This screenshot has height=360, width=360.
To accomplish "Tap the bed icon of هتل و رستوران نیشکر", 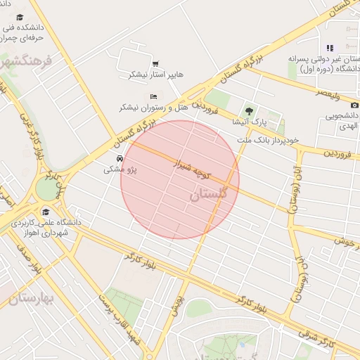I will click(154, 96).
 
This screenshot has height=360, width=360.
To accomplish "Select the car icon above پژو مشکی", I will click(120, 158).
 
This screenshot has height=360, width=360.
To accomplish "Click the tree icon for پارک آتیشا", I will click(247, 110).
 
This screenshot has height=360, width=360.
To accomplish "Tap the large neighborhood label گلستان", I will click(209, 193).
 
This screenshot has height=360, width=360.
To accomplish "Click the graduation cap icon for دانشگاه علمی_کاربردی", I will click(46, 212).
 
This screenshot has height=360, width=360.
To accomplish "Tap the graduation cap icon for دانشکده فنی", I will click(20, 17).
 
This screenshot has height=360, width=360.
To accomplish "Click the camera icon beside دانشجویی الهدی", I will click(354, 105).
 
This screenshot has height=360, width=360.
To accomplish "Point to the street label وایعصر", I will click(327, 93).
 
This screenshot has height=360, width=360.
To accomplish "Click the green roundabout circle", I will click(46, 189).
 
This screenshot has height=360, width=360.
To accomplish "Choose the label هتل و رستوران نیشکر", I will click(153, 107).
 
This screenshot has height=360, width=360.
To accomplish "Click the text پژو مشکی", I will click(120, 169).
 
